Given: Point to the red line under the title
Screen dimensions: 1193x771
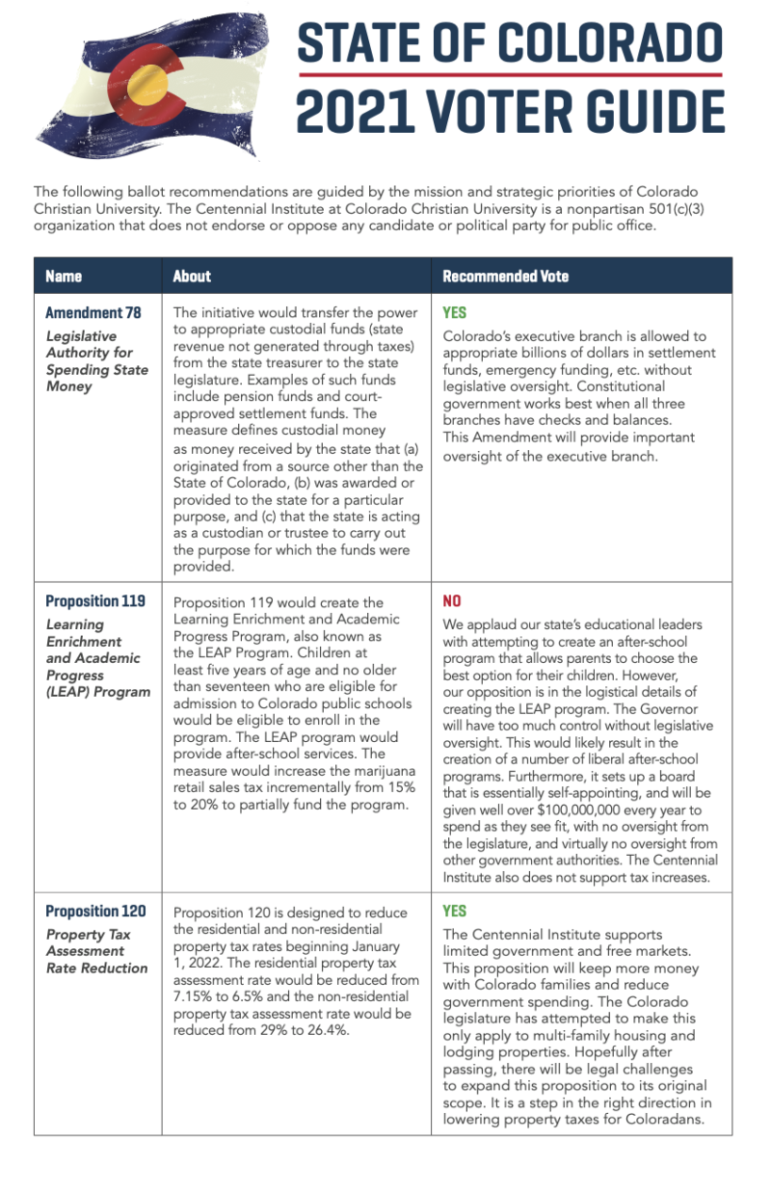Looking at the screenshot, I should tap(510, 75).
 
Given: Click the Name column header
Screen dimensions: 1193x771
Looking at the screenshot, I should tap(64, 277).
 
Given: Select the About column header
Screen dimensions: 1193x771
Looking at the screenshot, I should tap(192, 277).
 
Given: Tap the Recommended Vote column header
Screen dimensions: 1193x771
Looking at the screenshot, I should tap(505, 277).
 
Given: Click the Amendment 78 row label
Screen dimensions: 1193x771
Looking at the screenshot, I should tap(93, 313).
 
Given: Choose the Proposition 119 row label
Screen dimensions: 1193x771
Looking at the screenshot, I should tap(95, 601).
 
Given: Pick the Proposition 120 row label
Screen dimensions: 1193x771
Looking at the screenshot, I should tap(95, 912).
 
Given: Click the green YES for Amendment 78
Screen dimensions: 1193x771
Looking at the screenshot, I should tap(454, 313).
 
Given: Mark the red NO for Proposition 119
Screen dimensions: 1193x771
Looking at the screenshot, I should tap(452, 601).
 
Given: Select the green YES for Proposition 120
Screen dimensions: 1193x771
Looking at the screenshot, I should tap(454, 912).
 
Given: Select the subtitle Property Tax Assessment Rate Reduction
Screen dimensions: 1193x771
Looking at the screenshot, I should tap(96, 951).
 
